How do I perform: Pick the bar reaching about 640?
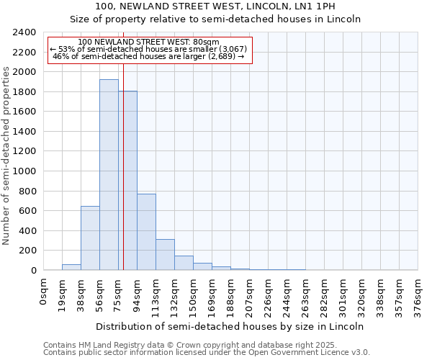click(x=90, y=238)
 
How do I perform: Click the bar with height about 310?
click(x=165, y=255)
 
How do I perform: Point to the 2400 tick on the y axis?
click(x=24, y=32)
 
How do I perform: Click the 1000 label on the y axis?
click(x=24, y=171)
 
